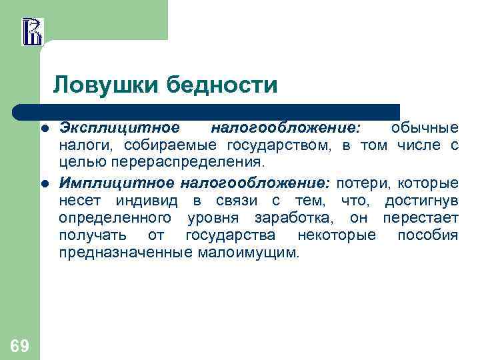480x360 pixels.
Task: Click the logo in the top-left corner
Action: (x=31, y=31)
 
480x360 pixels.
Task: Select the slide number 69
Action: (x=19, y=345)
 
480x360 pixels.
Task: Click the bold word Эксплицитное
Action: (x=119, y=127)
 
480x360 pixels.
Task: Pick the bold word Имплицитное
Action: (x=113, y=183)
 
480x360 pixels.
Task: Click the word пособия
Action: (x=427, y=235)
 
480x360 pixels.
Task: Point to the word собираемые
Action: (x=172, y=145)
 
